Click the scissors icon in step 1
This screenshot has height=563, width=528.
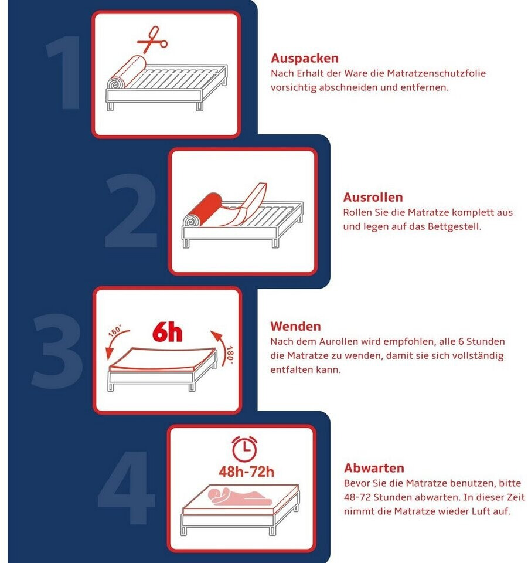point(152,40)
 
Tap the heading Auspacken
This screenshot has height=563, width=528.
point(305,58)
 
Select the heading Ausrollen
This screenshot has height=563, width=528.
point(373,197)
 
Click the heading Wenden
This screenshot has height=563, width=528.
point(295,327)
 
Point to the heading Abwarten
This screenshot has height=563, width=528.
point(374,468)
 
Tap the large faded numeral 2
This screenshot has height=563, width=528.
point(131,211)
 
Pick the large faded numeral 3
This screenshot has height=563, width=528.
point(57,351)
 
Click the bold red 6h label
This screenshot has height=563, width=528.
point(167,332)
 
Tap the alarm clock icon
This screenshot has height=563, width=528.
point(244,449)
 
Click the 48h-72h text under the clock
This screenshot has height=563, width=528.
point(247,472)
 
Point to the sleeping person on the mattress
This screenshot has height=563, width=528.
point(240,497)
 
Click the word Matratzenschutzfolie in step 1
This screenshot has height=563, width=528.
point(437,74)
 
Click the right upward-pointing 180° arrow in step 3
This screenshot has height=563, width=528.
point(222,347)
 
